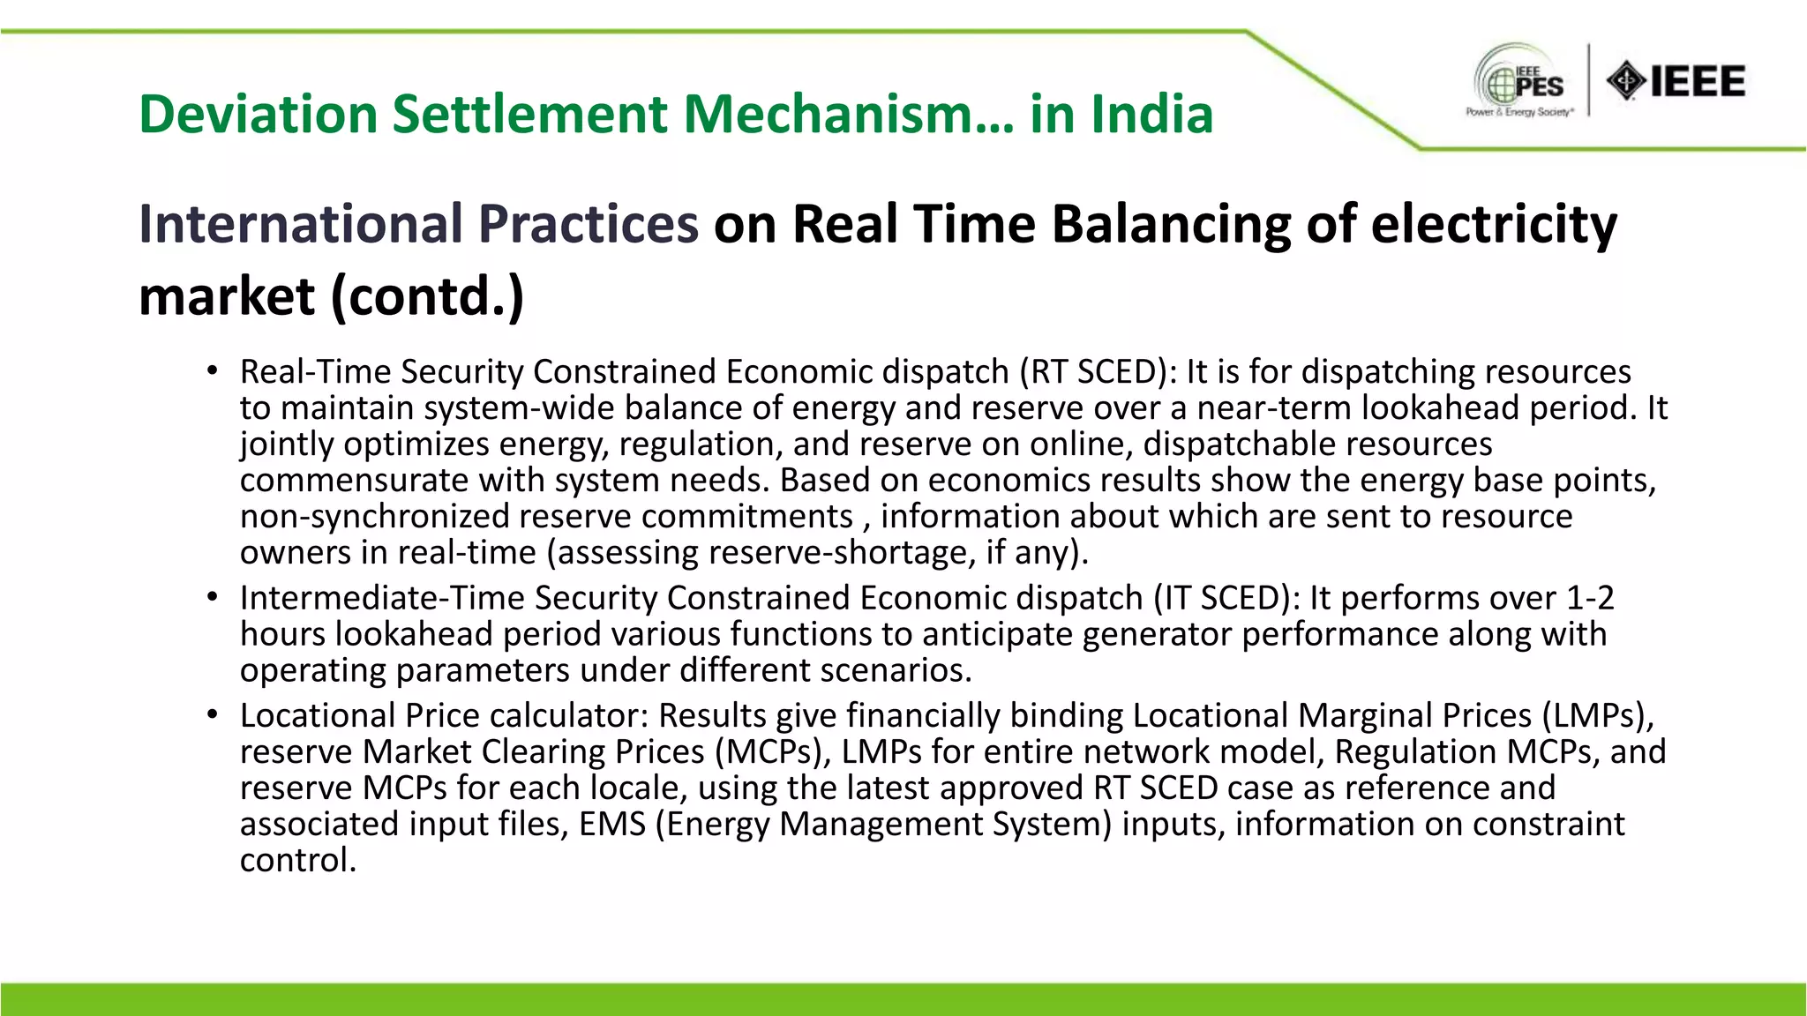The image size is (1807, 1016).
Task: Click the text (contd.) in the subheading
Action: (427, 296)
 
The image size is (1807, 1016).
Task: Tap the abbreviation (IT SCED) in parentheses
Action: (1227, 598)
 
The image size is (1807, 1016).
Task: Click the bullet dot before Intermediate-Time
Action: (213, 598)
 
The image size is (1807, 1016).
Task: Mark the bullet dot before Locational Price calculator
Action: (213, 715)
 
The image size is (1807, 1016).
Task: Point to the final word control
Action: (297, 860)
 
